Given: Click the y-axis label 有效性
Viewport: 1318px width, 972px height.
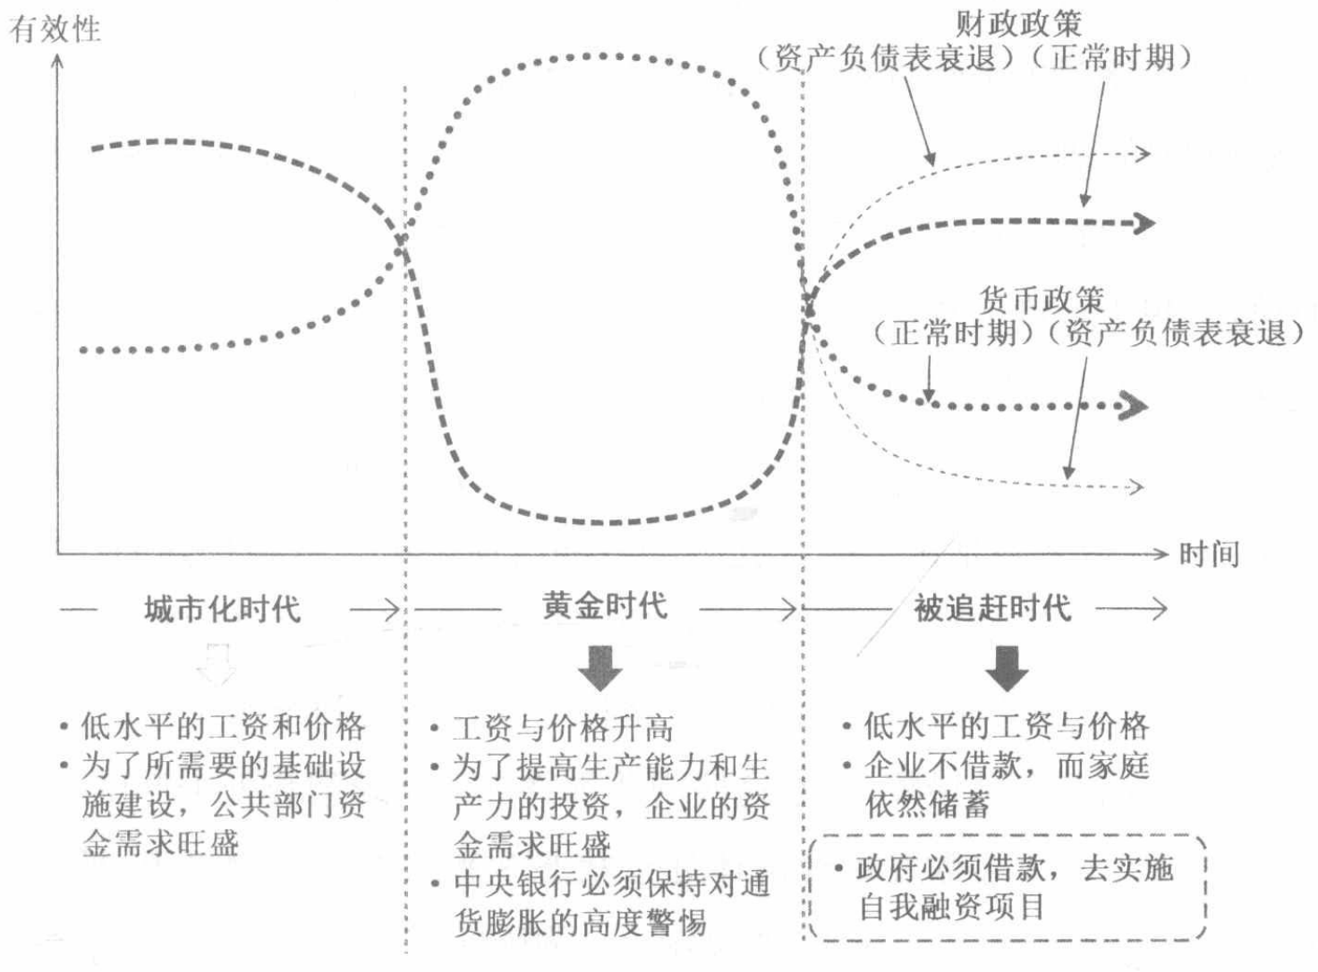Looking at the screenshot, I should tap(55, 29).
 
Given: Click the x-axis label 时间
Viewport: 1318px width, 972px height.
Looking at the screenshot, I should tap(1209, 554).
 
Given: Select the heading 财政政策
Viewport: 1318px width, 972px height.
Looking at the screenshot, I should tap(1017, 22).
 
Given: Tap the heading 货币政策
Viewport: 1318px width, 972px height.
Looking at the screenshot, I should tap(1042, 299).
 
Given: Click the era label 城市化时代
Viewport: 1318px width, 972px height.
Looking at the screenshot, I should tap(223, 610).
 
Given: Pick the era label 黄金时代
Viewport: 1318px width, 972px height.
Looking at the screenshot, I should tap(605, 606).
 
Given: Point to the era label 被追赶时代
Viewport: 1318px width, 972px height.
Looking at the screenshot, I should tap(992, 609).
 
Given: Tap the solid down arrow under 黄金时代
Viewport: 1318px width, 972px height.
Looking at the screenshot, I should tap(599, 667).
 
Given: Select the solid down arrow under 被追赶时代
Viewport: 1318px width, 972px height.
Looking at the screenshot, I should tap(1007, 667).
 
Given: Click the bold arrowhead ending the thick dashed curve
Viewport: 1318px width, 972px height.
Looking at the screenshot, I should tap(1144, 223).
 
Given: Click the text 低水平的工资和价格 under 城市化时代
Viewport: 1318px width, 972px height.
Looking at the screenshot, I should tap(223, 726).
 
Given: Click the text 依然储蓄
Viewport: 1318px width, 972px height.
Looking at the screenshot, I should tap(927, 805).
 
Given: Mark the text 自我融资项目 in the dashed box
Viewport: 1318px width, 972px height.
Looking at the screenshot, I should tap(951, 907).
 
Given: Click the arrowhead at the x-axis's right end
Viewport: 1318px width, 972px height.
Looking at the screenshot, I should tap(1161, 554).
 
